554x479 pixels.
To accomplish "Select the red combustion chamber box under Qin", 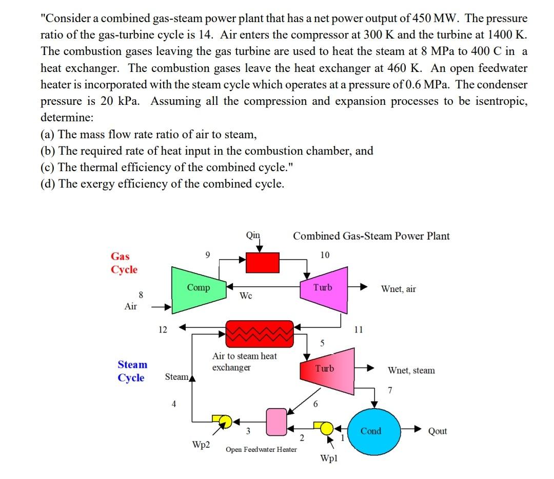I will pos(263,263).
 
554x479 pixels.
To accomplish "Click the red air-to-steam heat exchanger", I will pos(260,333).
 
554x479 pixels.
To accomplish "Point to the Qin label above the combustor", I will pos(253,236).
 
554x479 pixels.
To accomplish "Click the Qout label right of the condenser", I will pos(438,431).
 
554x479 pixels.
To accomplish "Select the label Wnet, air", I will pos(399,289).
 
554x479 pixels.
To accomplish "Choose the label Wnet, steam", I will pos(411,370).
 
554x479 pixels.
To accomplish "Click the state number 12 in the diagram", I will pos(162,329).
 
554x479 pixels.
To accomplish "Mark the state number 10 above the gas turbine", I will pos(325,255).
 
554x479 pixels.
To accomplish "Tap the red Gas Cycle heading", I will pos(124,263).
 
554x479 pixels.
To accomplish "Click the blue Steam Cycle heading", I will pos(132,371).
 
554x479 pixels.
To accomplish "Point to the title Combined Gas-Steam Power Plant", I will pos(371,236).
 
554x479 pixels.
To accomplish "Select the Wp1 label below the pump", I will pos(328,457).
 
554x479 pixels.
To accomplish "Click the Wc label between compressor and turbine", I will pos(246,296).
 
